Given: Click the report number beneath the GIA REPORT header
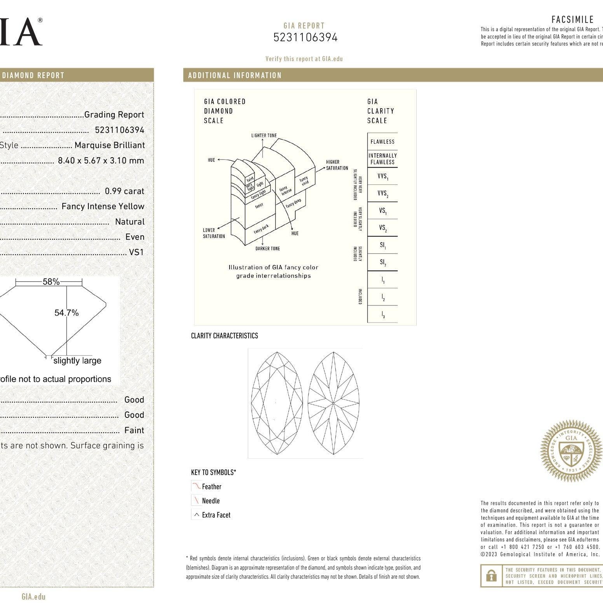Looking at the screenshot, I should [x=305, y=38].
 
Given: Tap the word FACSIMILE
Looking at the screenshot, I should [x=572, y=19].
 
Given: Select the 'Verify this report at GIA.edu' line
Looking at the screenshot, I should [x=304, y=59].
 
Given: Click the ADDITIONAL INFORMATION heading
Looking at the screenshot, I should [x=235, y=75].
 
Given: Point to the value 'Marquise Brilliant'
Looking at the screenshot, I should [x=109, y=145].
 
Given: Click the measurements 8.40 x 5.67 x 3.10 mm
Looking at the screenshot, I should [x=101, y=160].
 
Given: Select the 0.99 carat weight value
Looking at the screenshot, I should [x=124, y=191].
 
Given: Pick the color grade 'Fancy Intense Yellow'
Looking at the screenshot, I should [x=103, y=206].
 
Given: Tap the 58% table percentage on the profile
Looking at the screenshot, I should [x=51, y=282].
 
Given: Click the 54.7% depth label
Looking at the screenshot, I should [x=67, y=313].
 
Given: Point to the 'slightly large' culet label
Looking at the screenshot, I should [x=77, y=361].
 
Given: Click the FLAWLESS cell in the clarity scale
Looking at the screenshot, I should [x=382, y=142].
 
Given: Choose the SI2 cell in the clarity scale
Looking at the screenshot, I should [x=382, y=262].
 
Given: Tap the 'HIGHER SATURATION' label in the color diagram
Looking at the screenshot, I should [x=337, y=165].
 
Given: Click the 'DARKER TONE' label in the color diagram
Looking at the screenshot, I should [x=268, y=249].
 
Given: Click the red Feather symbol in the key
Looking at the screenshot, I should [x=196, y=486].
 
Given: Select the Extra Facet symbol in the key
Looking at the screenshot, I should [x=196, y=515].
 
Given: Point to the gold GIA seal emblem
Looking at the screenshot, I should [x=571, y=451].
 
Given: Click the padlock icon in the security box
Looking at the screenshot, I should [x=492, y=575].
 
